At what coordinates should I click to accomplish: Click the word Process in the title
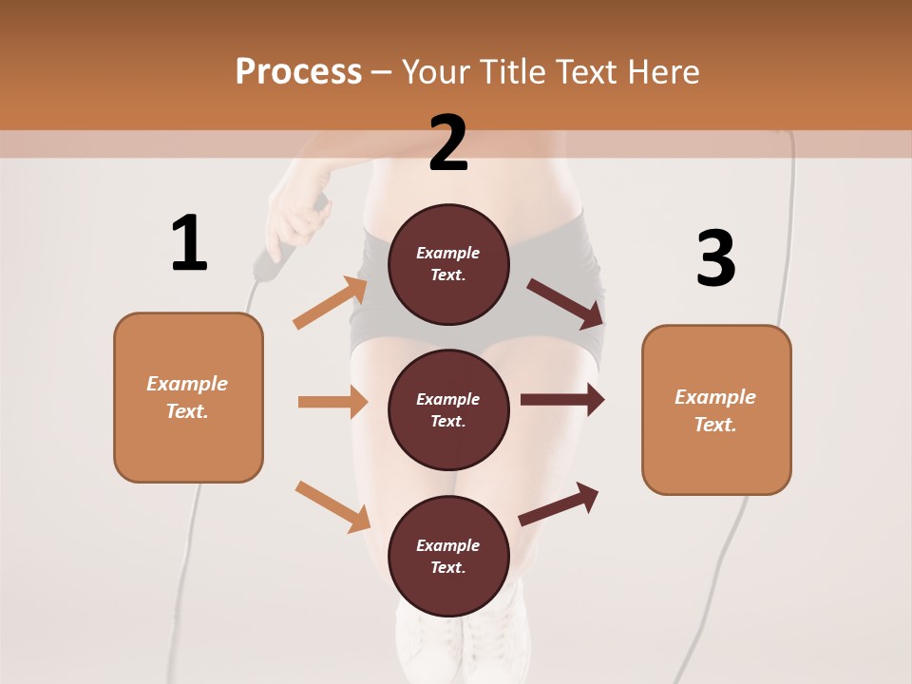[x=298, y=72]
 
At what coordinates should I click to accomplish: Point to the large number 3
[x=715, y=258]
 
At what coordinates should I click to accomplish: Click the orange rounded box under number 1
[x=188, y=397]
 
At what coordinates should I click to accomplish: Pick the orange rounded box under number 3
[x=716, y=409]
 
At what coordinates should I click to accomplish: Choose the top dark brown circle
[x=448, y=264]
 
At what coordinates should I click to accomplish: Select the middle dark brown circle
[x=448, y=409]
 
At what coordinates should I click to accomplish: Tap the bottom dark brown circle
[x=448, y=556]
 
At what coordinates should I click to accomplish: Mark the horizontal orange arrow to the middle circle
[x=332, y=402]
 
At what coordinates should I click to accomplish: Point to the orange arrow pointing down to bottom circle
[x=332, y=506]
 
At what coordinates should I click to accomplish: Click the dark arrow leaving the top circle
[x=565, y=304]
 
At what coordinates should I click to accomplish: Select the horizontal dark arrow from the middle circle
[x=561, y=399]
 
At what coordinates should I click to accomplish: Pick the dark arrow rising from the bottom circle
[x=559, y=503]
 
